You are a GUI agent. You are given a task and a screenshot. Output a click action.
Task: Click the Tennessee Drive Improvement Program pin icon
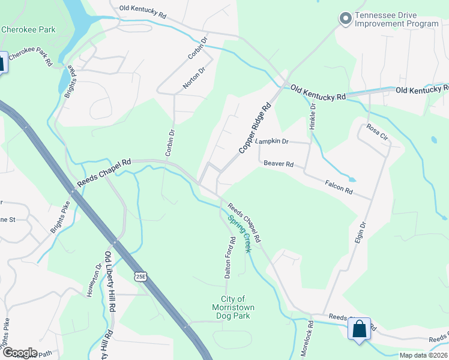(x=345, y=19)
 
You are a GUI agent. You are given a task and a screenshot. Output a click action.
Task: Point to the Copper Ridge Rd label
(x=255, y=128)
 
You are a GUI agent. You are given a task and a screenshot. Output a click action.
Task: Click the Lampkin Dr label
(x=272, y=142)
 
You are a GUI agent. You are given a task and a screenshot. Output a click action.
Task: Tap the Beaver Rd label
(x=278, y=164)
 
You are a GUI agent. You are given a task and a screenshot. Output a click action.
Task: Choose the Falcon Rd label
(x=339, y=187)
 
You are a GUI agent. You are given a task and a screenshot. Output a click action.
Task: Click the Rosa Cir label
(x=378, y=133)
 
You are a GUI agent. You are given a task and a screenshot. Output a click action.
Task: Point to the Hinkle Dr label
(x=313, y=116)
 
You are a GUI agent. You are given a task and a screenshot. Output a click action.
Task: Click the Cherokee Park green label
(x=28, y=29)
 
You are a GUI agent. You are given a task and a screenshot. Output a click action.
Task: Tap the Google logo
(x=20, y=353)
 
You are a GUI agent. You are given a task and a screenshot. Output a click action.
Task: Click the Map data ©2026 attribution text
(x=423, y=355)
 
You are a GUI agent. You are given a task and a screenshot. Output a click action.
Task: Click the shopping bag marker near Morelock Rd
(x=359, y=329)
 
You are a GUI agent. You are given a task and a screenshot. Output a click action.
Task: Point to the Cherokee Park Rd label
(x=31, y=58)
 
